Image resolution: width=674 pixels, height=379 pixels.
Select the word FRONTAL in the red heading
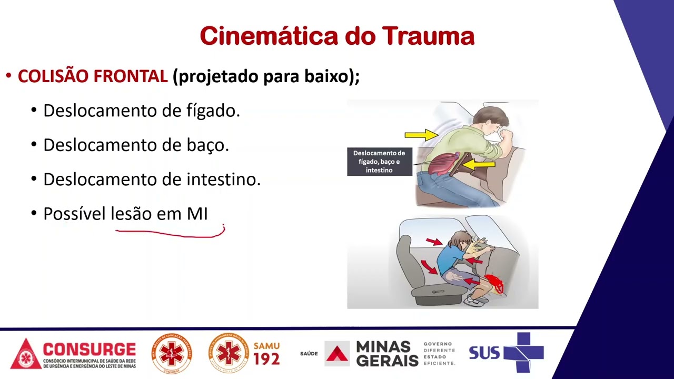pyautogui.click(x=130, y=76)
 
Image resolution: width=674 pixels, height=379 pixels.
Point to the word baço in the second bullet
pyautogui.click(x=207, y=145)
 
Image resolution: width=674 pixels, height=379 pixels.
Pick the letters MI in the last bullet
pyautogui.click(x=197, y=214)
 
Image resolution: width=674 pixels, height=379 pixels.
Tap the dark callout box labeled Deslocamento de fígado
pyautogui.click(x=379, y=162)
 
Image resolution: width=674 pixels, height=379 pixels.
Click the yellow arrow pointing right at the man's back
pyautogui.click(x=421, y=135)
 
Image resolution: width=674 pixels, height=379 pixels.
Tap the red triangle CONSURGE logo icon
pyautogui.click(x=25, y=354)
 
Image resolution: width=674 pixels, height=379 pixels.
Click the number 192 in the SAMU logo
pyautogui.click(x=266, y=359)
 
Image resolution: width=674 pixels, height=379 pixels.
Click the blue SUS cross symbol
pyautogui.click(x=522, y=352)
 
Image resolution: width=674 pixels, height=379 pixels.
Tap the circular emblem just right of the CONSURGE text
pyautogui.click(x=172, y=354)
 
